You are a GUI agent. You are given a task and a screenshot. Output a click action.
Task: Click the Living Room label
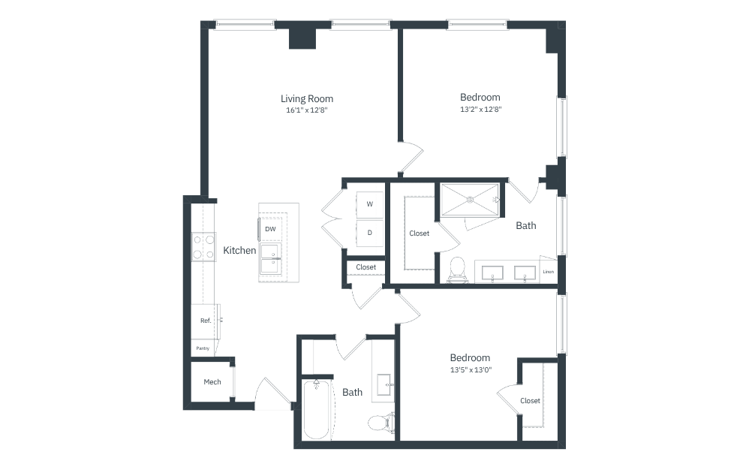307,99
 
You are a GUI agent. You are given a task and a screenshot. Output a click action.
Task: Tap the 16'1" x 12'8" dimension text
307,110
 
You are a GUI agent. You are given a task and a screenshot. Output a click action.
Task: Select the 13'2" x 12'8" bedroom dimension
480,110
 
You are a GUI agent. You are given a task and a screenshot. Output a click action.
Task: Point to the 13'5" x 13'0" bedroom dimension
471,369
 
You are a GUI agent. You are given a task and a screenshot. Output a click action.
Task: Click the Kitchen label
239,250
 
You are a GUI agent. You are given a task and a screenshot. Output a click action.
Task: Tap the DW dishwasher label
270,229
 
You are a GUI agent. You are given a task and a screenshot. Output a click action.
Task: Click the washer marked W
370,204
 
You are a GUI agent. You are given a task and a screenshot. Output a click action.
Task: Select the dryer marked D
370,233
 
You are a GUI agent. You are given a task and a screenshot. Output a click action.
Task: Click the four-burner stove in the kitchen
204,247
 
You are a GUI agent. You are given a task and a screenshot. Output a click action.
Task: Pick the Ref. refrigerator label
206,321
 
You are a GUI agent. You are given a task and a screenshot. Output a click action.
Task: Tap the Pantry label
203,348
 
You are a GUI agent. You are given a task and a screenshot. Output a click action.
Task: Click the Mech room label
212,382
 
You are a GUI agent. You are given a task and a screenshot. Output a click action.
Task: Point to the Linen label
549,272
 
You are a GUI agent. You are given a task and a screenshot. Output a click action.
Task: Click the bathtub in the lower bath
317,409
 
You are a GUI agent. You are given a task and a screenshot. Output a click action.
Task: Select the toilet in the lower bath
382,422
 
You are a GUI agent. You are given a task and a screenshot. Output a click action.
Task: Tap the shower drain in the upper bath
470,200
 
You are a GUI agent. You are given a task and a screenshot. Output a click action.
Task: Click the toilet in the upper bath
458,270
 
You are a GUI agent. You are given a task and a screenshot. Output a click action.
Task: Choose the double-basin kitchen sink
270,259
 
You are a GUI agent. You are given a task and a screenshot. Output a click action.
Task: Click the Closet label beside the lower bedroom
530,401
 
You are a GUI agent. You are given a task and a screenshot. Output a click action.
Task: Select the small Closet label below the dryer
366,267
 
